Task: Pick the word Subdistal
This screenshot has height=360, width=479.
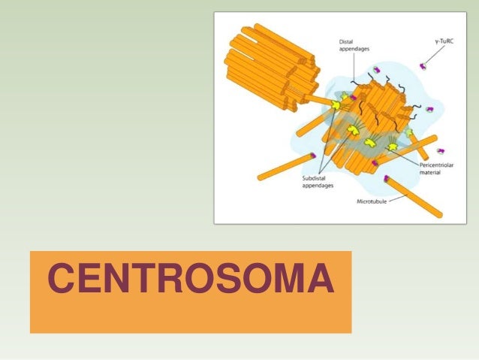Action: pyautogui.click(x=315, y=179)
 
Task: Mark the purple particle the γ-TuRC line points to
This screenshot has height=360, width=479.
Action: pyautogui.click(x=423, y=68)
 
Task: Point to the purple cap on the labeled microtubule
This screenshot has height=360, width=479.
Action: pyautogui.click(x=387, y=179)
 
